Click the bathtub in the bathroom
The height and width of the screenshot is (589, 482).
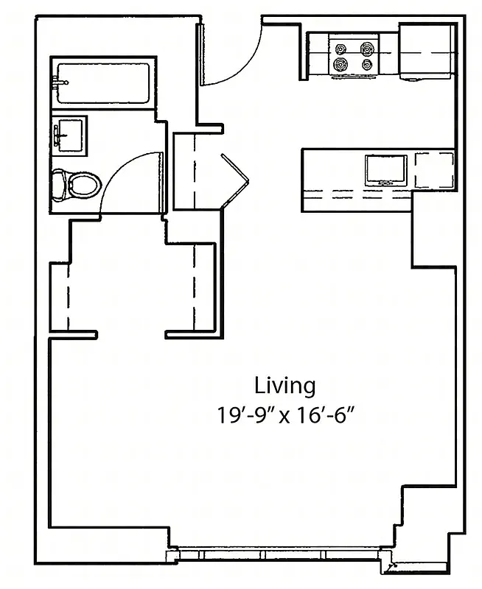(103, 82)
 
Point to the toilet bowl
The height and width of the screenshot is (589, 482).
(83, 185)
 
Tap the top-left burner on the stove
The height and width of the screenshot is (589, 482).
(340, 49)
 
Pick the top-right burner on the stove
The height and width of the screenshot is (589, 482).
(366, 49)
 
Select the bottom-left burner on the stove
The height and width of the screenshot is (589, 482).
(340, 66)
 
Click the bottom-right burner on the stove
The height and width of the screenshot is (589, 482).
(366, 66)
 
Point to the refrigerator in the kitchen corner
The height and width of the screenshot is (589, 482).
(427, 52)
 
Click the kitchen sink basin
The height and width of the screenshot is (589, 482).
(385, 169)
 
